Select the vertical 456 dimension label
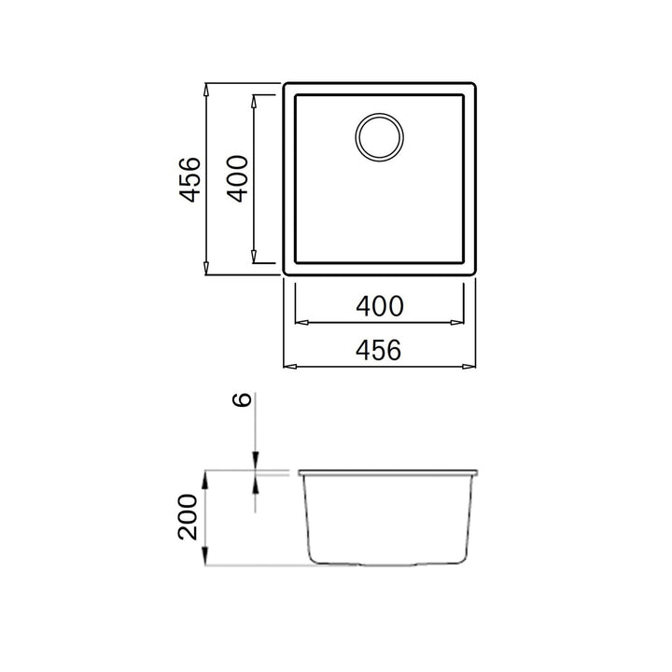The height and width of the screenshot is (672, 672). (x=189, y=179)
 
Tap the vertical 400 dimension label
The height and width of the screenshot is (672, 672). (x=237, y=178)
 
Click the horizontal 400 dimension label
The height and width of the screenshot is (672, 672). (x=380, y=306)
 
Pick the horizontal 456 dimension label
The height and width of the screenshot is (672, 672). (x=379, y=349)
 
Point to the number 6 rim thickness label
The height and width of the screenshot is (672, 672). (x=242, y=399)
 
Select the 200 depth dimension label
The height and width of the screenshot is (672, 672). (x=189, y=517)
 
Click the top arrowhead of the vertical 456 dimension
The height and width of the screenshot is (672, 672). (x=206, y=91)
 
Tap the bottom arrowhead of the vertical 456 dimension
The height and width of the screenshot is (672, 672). (x=206, y=268)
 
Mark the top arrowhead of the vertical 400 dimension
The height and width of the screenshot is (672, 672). (x=254, y=102)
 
